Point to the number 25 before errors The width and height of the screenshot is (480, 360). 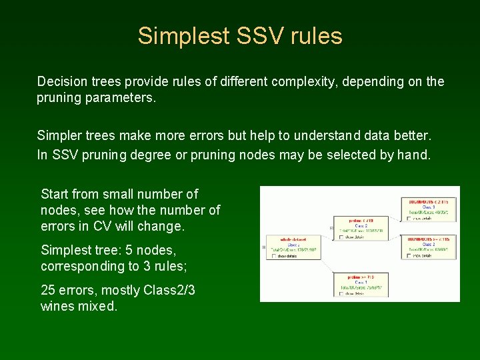coord(48,290)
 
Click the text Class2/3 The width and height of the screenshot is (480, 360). coord(173,290)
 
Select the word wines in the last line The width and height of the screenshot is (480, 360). coord(55,307)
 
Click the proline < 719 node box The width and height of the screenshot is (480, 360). coord(358,227)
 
